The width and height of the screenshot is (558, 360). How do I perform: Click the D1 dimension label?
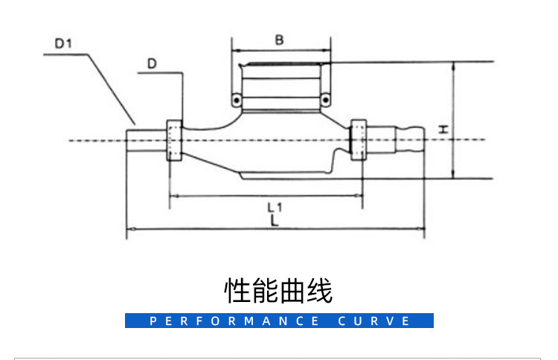[x=63, y=43]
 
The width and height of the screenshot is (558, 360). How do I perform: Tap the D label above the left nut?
[x=151, y=64]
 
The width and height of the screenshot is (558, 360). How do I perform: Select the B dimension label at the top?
[x=279, y=40]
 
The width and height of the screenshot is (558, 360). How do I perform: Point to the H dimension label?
[x=443, y=129]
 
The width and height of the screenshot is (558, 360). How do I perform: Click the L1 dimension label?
[x=274, y=206]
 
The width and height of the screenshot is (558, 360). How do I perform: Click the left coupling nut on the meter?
[x=174, y=140]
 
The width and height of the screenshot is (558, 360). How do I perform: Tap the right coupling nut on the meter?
[x=358, y=138]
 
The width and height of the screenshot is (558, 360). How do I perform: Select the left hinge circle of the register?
[x=236, y=100]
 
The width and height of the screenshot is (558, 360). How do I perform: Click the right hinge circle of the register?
[x=324, y=100]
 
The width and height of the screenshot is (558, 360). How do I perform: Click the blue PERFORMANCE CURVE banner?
[x=279, y=321]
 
